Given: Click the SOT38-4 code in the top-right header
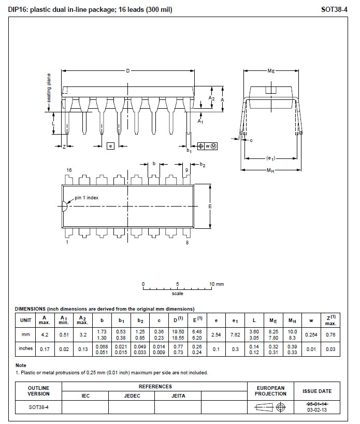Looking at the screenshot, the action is pyautogui.click(x=334, y=10).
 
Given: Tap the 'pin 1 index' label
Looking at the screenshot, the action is pyautogui.click(x=87, y=198).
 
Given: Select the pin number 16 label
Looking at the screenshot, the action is pyautogui.click(x=69, y=170).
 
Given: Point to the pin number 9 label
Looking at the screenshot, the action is pyautogui.click(x=186, y=170).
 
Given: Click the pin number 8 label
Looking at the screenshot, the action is pyautogui.click(x=187, y=243).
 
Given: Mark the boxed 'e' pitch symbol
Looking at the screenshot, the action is pyautogui.click(x=110, y=146).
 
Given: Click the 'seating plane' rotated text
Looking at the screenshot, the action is pyautogui.click(x=49, y=88).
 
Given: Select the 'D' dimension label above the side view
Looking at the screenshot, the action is pyautogui.click(x=128, y=71).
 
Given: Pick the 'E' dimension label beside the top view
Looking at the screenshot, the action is pyautogui.click(x=210, y=207).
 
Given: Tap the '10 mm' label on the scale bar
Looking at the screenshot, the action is pyautogui.click(x=217, y=284).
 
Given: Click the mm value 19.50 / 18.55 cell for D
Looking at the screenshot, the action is pyautogui.click(x=178, y=335).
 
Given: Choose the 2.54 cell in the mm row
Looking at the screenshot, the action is pyautogui.click(x=216, y=335).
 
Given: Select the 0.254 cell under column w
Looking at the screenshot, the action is pyautogui.click(x=311, y=335).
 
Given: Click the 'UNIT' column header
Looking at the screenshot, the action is pyautogui.click(x=26, y=320).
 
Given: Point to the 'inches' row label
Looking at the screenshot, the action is pyautogui.click(x=26, y=348).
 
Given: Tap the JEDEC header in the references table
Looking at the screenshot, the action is pyautogui.click(x=132, y=396).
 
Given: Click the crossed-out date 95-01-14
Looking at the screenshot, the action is pyautogui.click(x=317, y=404).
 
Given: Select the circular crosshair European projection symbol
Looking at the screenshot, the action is pyautogui.click(x=281, y=407).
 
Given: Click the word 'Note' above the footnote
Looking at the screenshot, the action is pyautogui.click(x=21, y=365).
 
